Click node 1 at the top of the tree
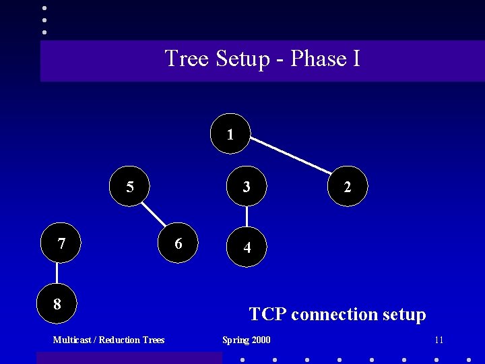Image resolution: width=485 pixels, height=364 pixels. pyautogui.click(x=230, y=133)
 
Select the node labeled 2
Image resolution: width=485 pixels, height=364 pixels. pyautogui.click(x=347, y=187)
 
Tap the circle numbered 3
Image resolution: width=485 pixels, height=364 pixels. pyautogui.click(x=247, y=186)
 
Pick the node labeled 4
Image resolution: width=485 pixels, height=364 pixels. pyautogui.click(x=247, y=247)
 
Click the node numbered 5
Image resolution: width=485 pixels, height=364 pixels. pyautogui.click(x=130, y=186)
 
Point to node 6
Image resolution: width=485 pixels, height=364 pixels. pyautogui.click(x=179, y=243)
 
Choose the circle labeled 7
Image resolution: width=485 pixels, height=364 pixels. pyautogui.click(x=61, y=243)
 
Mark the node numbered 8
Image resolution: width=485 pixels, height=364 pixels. pyautogui.click(x=57, y=303)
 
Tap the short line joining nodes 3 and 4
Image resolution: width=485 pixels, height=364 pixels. pyautogui.click(x=247, y=216)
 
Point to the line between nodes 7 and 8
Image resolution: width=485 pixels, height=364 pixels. pyautogui.click(x=58, y=273)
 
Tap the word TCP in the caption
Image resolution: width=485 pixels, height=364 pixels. pyautogui.click(x=267, y=314)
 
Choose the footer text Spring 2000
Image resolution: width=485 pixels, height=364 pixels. pyautogui.click(x=246, y=340)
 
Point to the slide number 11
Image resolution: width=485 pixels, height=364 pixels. pyautogui.click(x=439, y=340)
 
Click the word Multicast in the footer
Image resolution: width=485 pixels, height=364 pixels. pyautogui.click(x=72, y=340)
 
